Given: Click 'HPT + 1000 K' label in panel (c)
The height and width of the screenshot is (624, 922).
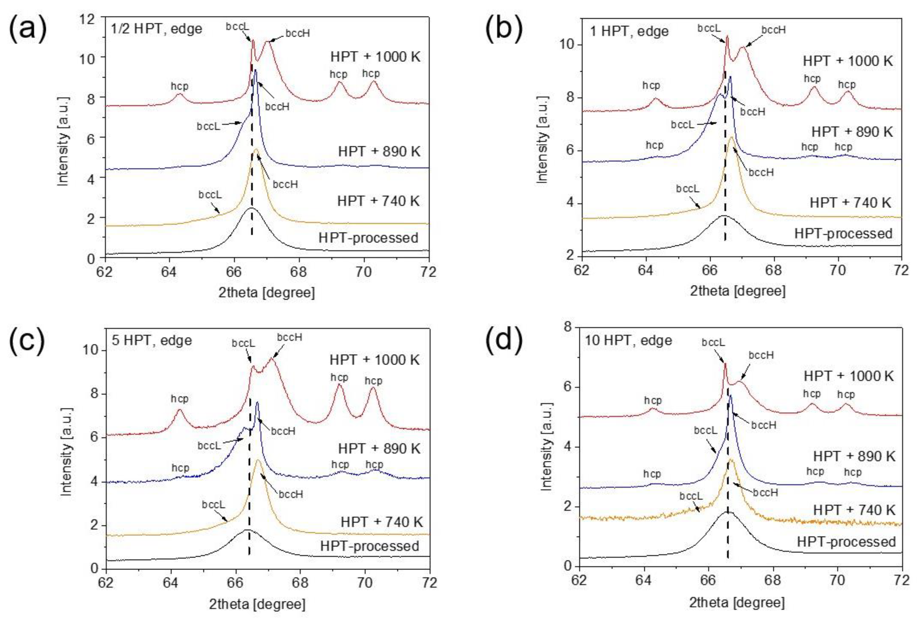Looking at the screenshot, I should [x=374, y=360].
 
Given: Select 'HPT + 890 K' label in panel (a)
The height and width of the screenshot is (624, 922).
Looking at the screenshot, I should [x=379, y=151].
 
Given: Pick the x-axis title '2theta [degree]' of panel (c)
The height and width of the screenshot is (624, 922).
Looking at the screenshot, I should [x=257, y=604].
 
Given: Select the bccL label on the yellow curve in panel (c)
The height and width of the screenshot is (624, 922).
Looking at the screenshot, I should [x=213, y=505].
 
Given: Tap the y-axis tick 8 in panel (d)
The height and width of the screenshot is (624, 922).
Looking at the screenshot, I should [x=568, y=327].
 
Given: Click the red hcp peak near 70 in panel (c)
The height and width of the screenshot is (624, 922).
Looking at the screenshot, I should [x=372, y=389].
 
